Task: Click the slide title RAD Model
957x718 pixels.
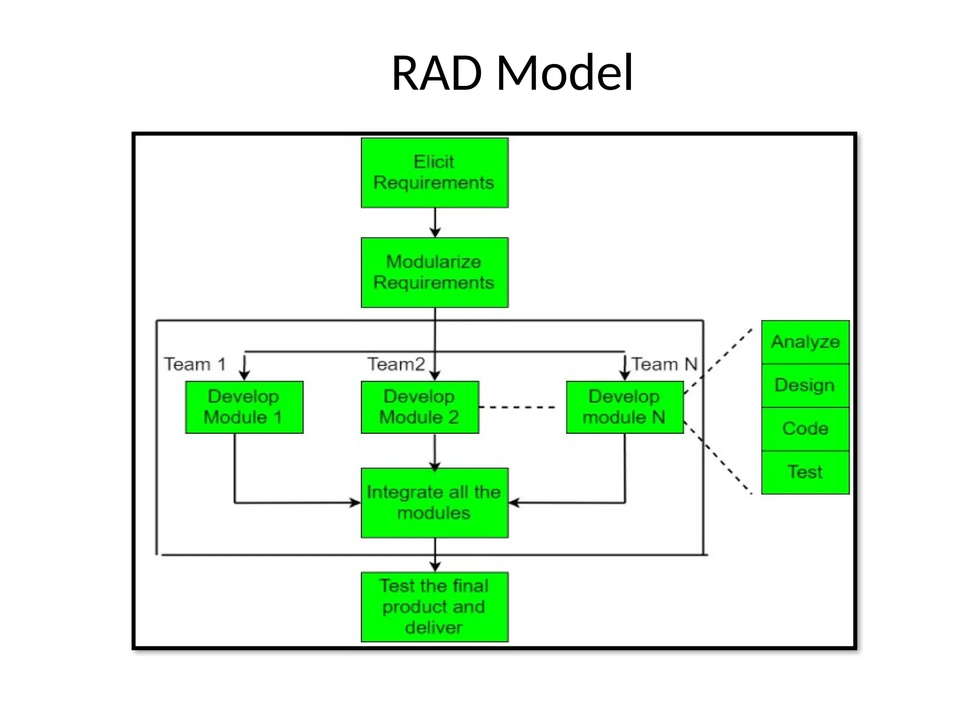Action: pyautogui.click(x=512, y=73)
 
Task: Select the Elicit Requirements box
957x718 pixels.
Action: pyautogui.click(x=434, y=172)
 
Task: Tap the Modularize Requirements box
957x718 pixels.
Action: pyautogui.click(x=434, y=273)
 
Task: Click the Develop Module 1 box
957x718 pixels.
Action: pyautogui.click(x=244, y=407)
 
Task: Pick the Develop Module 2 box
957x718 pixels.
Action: pyautogui.click(x=420, y=407)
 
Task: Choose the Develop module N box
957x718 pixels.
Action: pyautogui.click(x=624, y=407)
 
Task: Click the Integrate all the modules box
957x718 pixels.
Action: pyautogui.click(x=434, y=503)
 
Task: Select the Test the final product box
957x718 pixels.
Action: pyautogui.click(x=434, y=607)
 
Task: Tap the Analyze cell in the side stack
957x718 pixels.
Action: pyautogui.click(x=805, y=342)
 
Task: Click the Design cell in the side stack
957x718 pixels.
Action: pyautogui.click(x=805, y=385)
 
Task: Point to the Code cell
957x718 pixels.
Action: pyautogui.click(x=805, y=429)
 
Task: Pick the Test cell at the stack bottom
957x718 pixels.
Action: pyautogui.click(x=805, y=472)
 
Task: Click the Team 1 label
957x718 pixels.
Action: pyautogui.click(x=195, y=364)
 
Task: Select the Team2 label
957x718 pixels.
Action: pyautogui.click(x=396, y=364)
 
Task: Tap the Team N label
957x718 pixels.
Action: pyautogui.click(x=664, y=364)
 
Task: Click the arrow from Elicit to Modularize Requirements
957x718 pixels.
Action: pyautogui.click(x=435, y=223)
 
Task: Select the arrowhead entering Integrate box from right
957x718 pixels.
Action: pyautogui.click(x=514, y=503)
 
